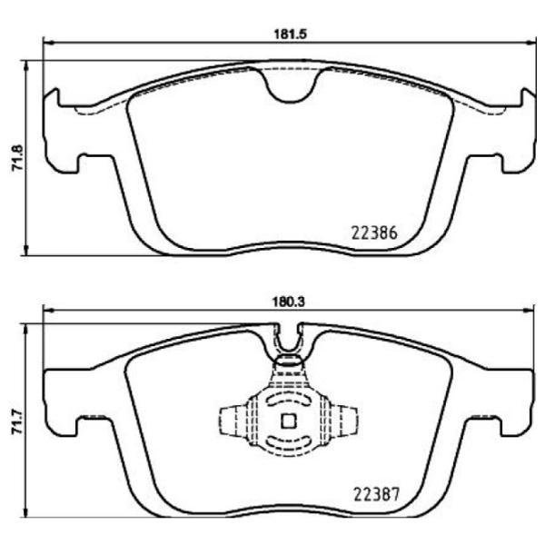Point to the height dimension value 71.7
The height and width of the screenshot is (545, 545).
point(14,425)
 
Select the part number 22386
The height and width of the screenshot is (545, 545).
point(373,232)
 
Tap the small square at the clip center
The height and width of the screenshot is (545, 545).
point(289,421)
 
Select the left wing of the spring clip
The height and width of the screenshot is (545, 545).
point(234,421)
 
